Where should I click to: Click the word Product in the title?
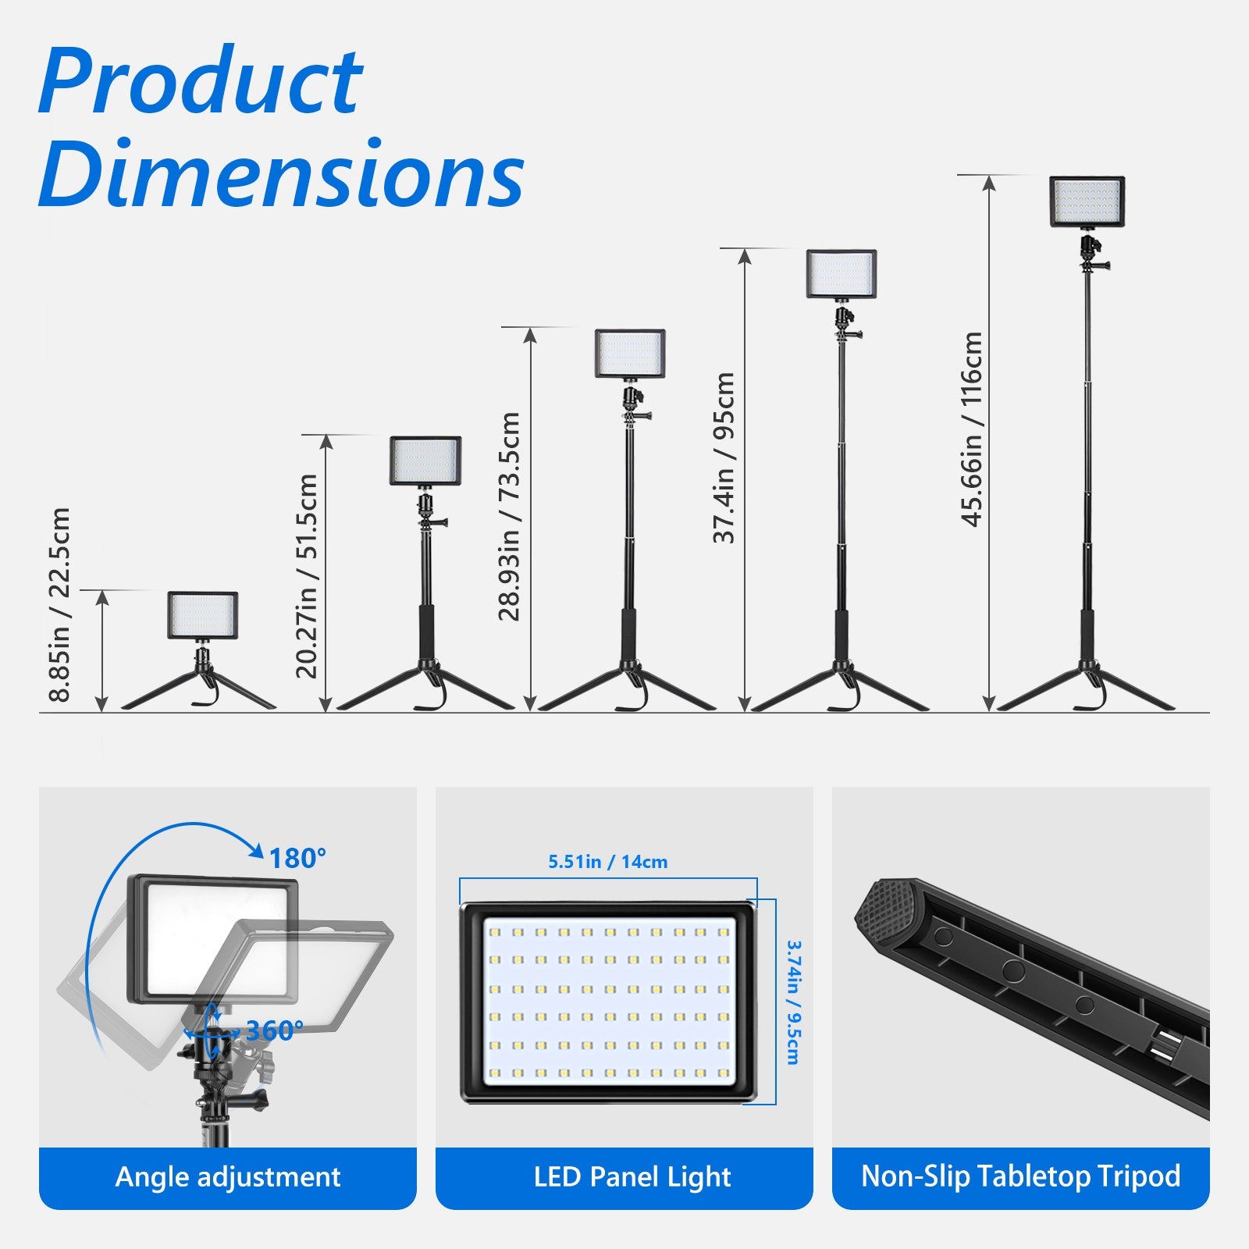(x=200, y=80)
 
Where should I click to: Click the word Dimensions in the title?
(x=281, y=173)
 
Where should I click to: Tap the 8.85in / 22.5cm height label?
(x=59, y=605)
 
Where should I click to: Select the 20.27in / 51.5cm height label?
(x=307, y=576)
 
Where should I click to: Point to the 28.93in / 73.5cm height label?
(x=509, y=516)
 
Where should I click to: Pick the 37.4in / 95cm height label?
(x=724, y=457)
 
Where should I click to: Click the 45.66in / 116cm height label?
(x=971, y=429)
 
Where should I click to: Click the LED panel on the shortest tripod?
(x=202, y=615)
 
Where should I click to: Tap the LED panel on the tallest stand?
(x=1087, y=201)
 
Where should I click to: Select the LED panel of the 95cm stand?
(x=842, y=274)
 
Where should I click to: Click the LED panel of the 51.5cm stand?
(x=425, y=461)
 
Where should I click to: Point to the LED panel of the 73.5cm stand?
(x=630, y=354)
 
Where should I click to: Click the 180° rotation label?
(x=297, y=859)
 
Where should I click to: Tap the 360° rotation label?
(x=275, y=1031)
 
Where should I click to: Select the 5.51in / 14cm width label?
(x=608, y=862)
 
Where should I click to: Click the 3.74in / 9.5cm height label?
(x=793, y=1002)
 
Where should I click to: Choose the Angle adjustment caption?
(x=228, y=1176)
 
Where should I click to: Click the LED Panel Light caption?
(x=632, y=1176)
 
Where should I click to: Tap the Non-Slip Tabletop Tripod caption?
(x=1020, y=1176)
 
